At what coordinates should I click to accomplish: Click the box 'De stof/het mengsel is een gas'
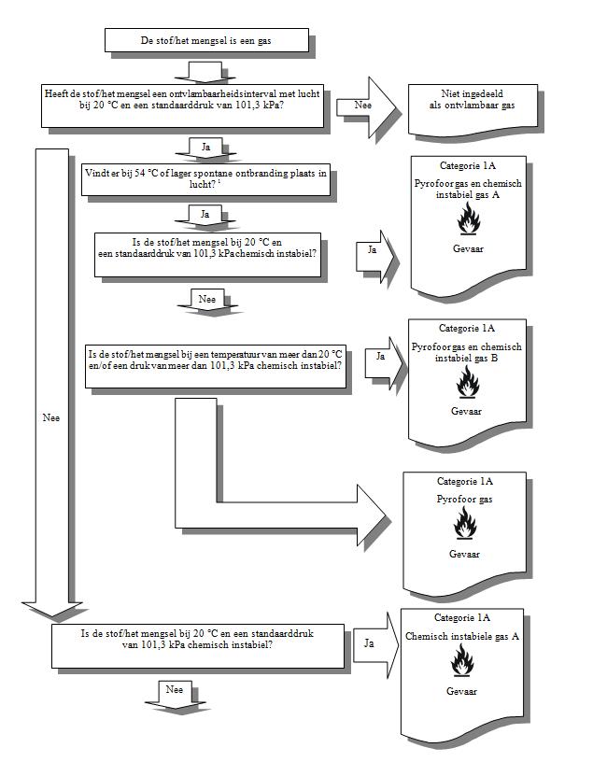pos(206,40)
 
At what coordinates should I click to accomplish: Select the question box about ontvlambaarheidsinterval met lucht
pos(182,106)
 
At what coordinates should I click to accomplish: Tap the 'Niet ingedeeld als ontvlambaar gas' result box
pos(473,110)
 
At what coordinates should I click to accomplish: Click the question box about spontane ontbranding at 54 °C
pos(205,179)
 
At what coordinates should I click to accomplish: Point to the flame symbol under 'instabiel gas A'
pos(469,219)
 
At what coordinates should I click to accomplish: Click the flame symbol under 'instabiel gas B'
pos(468,382)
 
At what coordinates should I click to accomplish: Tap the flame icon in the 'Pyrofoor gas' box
pos(465,523)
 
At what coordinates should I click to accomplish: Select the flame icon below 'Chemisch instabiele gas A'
pos(461,660)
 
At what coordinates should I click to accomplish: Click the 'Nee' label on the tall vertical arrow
pos(51,418)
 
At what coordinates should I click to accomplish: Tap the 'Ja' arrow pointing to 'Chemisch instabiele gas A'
pos(375,645)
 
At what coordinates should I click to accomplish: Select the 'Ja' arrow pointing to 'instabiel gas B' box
pos(385,363)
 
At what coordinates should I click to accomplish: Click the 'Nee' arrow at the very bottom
pos(175,695)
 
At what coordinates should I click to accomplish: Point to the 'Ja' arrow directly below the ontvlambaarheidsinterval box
pos(205,148)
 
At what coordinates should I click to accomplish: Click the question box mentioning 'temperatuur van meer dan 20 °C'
pos(216,366)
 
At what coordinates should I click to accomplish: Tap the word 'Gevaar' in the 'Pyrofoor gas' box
pos(464,554)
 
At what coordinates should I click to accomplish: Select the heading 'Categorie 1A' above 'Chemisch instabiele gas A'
pos(462,617)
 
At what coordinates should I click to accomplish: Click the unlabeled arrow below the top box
pos(205,72)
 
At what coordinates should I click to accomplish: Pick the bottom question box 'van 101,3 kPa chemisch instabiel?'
pos(198,646)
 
